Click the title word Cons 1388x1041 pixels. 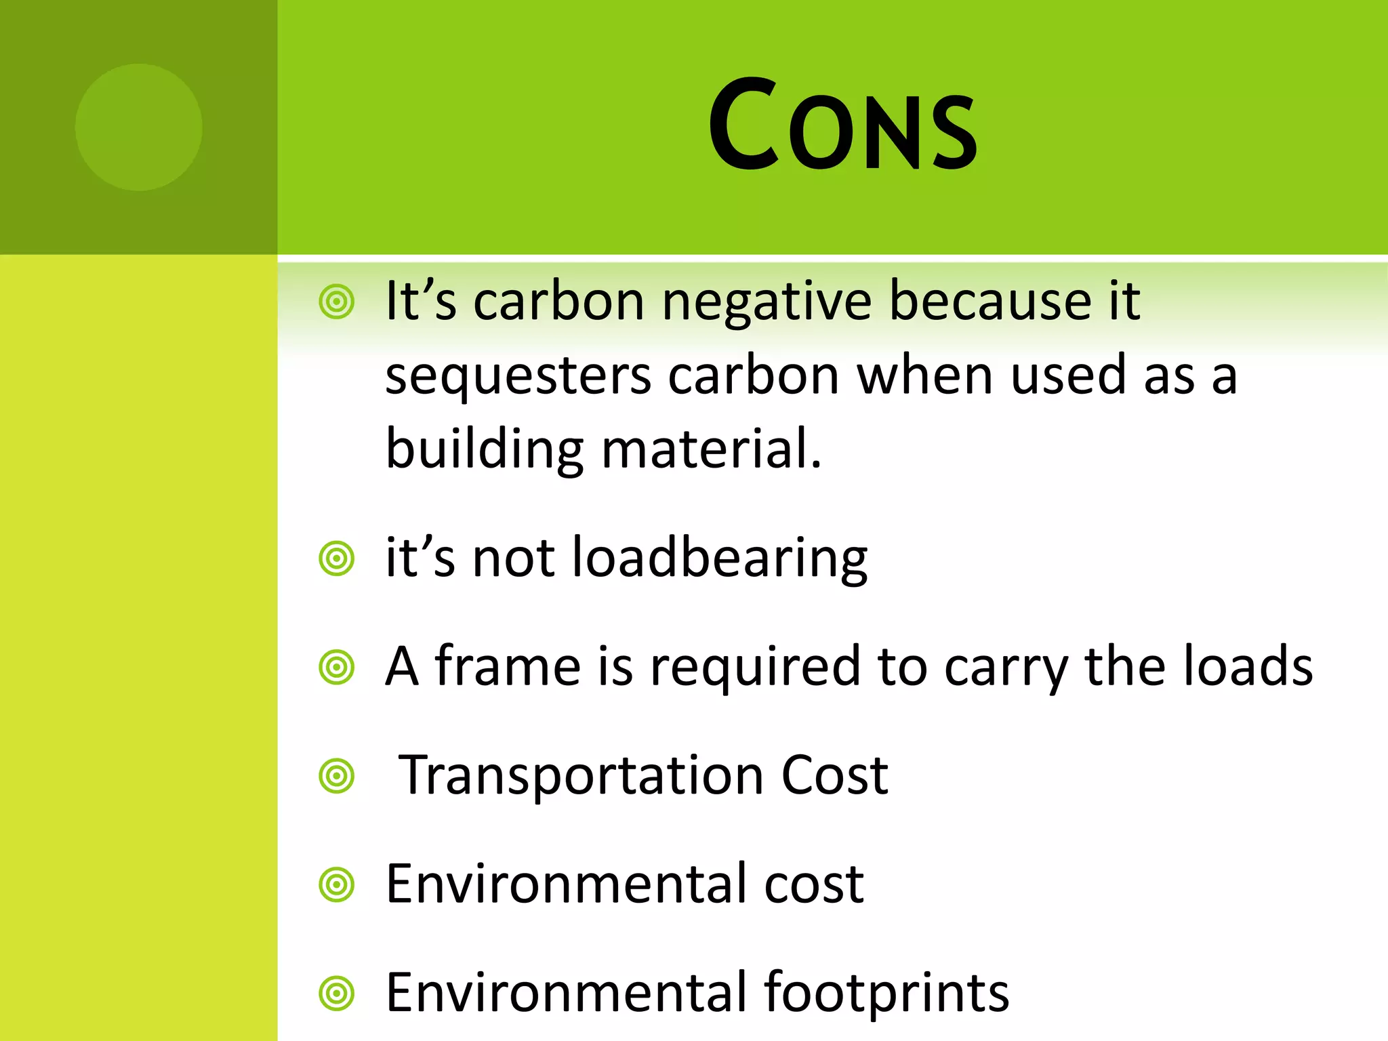tap(842, 125)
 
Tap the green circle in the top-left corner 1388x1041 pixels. tap(139, 127)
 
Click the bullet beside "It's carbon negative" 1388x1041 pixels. tap(337, 302)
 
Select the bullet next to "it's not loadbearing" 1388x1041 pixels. tap(337, 559)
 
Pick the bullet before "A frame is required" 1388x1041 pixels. tap(337, 668)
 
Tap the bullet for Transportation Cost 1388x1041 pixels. tap(337, 776)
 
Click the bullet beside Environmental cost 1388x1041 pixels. tap(337, 884)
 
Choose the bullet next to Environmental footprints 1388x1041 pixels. tap(337, 994)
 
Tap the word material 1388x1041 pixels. tap(712, 449)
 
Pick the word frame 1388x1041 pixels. tap(508, 666)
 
